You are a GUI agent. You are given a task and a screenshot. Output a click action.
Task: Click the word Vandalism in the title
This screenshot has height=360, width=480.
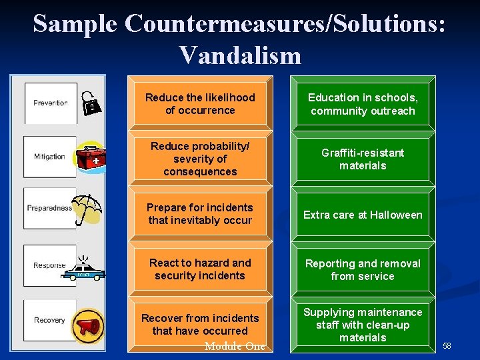click(240, 55)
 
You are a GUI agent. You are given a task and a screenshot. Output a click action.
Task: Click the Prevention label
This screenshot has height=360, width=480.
click(51, 103)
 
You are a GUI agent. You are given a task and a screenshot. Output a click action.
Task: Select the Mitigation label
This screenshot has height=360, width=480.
click(50, 157)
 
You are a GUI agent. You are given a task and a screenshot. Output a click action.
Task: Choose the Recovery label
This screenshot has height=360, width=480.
click(50, 320)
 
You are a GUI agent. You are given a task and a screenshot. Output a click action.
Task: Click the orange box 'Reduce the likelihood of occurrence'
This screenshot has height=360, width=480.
click(200, 104)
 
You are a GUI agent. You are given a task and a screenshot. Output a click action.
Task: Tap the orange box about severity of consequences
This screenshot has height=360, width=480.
click(200, 159)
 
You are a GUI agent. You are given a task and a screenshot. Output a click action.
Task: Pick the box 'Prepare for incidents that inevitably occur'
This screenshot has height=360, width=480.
click(200, 214)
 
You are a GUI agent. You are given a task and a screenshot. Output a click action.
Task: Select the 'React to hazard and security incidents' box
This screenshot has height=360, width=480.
click(200, 269)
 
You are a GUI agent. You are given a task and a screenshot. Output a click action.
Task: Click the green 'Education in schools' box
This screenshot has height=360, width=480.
click(363, 105)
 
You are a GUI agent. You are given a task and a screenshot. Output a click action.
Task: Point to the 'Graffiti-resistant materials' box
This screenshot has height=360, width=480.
click(363, 159)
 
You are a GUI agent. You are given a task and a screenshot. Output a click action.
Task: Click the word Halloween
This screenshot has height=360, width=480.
click(397, 215)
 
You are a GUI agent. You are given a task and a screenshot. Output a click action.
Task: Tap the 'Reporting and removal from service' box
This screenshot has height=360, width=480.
click(363, 270)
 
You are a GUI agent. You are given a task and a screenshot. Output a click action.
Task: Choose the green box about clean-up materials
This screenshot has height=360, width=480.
click(363, 325)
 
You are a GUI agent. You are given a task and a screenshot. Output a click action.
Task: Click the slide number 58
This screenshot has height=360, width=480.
click(447, 345)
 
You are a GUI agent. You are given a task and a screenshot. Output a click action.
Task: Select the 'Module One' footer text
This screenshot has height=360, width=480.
click(235, 346)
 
